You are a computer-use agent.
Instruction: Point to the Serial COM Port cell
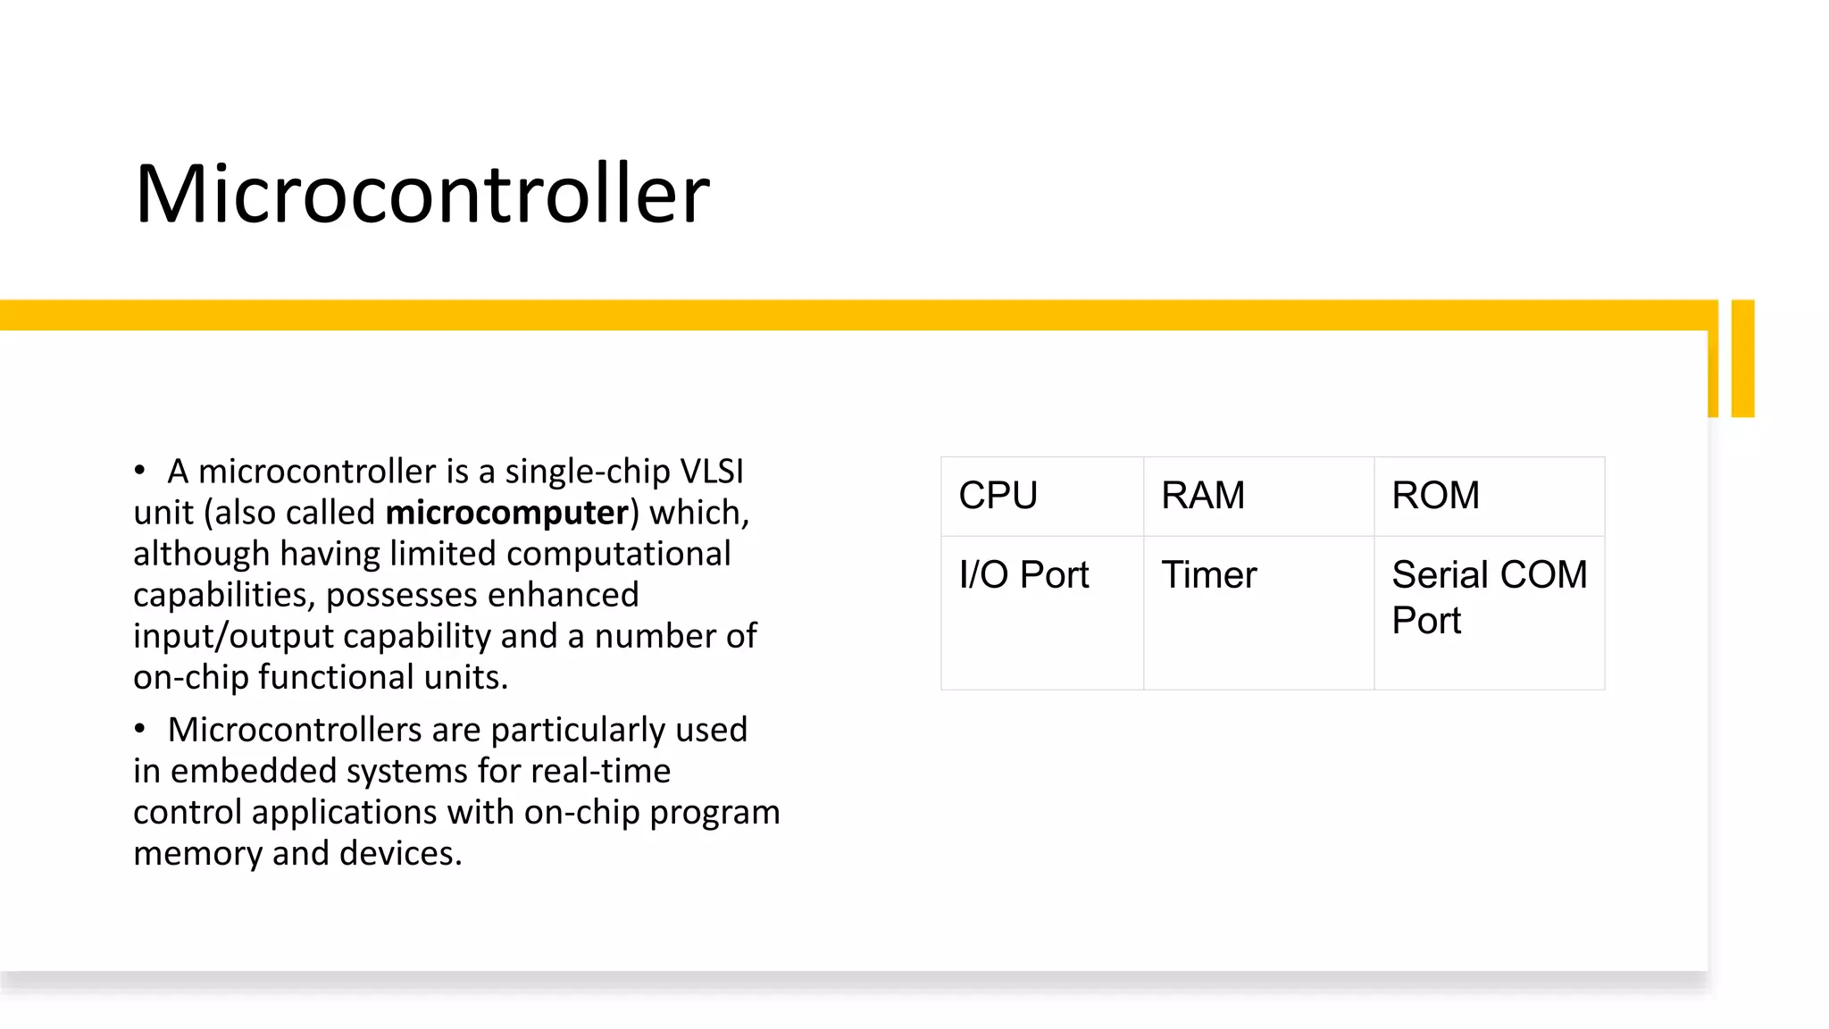coord(1488,597)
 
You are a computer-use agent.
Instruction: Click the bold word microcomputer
coord(507,513)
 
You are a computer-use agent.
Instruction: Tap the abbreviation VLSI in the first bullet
coord(712,472)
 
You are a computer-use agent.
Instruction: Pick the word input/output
coord(233,636)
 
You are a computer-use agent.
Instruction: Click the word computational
coord(618,554)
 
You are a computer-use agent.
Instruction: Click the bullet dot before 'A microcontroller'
coord(139,471)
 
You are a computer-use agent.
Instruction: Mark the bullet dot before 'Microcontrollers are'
coord(139,729)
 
